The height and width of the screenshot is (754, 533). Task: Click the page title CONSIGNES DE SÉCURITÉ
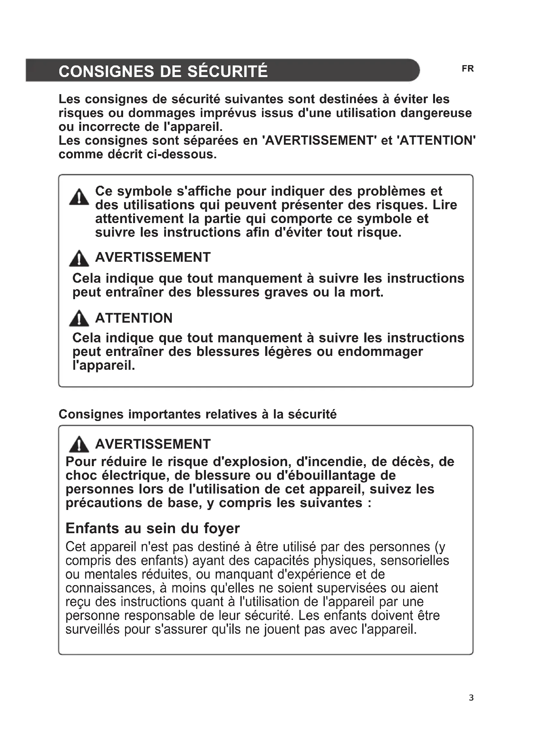pyautogui.click(x=163, y=71)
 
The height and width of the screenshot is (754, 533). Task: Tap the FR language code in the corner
pyautogui.click(x=468, y=69)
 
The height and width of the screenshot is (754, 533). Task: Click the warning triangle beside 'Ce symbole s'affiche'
pyautogui.click(x=79, y=197)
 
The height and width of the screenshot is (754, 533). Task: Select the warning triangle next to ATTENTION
pyautogui.click(x=79, y=318)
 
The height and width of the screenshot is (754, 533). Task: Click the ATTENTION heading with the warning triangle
pyautogui.click(x=134, y=318)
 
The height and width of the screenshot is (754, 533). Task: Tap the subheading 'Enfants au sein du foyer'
pyautogui.click(x=153, y=528)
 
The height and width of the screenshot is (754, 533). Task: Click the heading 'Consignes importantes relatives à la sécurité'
pyautogui.click(x=198, y=414)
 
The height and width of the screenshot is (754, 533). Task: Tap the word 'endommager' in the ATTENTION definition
pyautogui.click(x=380, y=352)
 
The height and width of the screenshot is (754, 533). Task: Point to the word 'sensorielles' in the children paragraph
pyautogui.click(x=414, y=561)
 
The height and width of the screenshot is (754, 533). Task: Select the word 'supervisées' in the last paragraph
pyautogui.click(x=352, y=588)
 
